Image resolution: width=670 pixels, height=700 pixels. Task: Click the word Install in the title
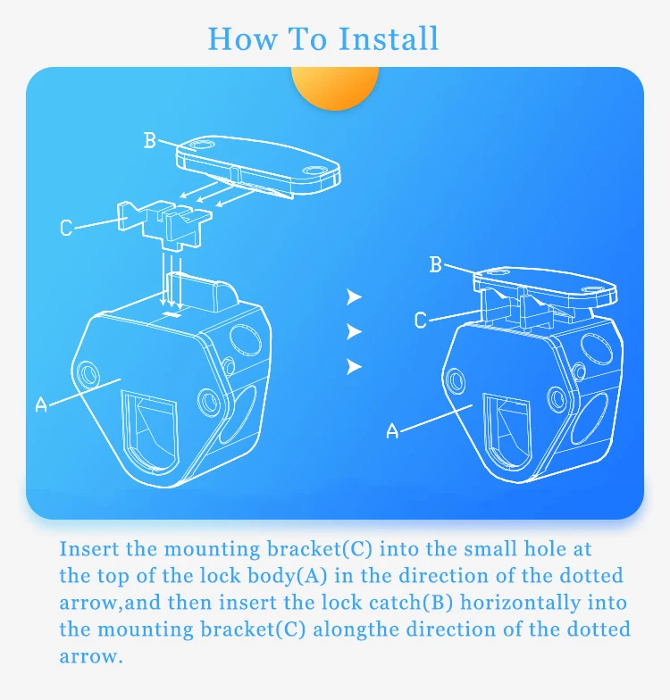click(x=388, y=39)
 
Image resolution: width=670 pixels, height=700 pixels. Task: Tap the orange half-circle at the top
click(x=334, y=87)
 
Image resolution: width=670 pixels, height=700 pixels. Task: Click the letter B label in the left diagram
click(x=150, y=140)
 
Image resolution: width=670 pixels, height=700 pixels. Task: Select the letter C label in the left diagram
click(x=66, y=227)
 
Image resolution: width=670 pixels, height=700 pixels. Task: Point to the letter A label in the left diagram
click(x=41, y=404)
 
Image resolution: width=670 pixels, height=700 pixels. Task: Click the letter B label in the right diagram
click(x=436, y=264)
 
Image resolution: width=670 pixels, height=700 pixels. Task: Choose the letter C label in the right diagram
click(x=420, y=320)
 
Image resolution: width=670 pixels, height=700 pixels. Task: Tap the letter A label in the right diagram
click(x=392, y=430)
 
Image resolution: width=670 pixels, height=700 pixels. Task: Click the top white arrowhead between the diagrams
click(x=354, y=296)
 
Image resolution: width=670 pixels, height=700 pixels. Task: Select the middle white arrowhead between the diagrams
click(x=354, y=332)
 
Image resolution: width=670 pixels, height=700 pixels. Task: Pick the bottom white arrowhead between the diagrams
click(x=354, y=366)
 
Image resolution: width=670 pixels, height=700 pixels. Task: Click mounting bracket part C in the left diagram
click(x=165, y=223)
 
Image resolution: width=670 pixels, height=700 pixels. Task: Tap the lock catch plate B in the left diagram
click(x=258, y=164)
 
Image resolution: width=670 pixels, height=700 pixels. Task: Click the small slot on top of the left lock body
click(x=172, y=314)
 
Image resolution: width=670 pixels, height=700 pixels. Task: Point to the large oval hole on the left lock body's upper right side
click(x=245, y=340)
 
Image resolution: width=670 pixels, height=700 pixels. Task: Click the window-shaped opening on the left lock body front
click(x=150, y=430)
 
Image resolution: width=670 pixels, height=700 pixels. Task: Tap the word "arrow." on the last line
click(x=91, y=657)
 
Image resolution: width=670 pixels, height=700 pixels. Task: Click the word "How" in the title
click(x=242, y=39)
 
